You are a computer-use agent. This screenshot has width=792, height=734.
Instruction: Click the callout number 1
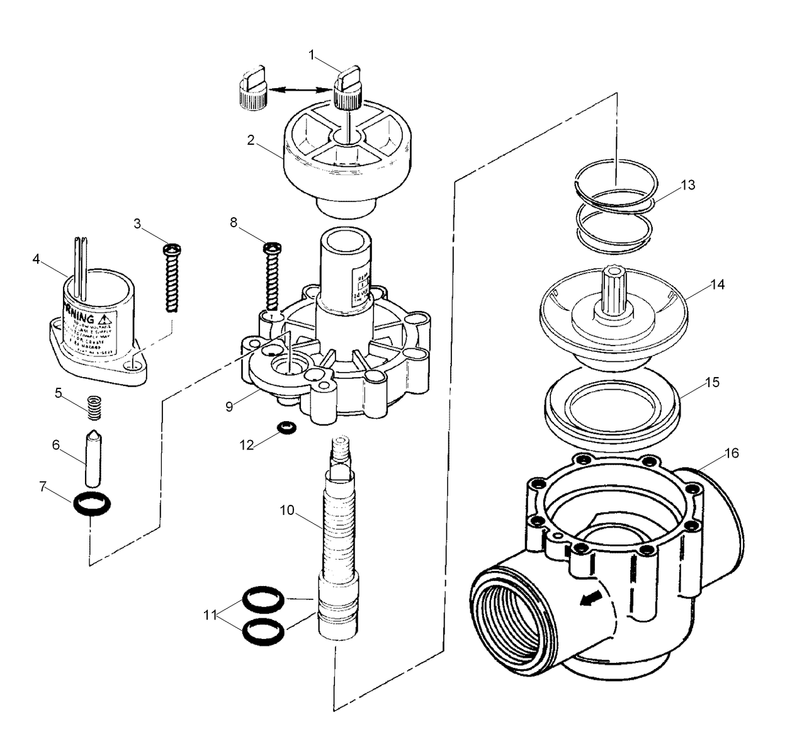(312, 55)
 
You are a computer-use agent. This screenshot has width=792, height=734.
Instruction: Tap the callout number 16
(732, 453)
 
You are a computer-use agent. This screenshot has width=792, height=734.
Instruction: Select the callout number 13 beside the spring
(688, 185)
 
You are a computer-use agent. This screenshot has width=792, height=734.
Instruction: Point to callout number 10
(287, 510)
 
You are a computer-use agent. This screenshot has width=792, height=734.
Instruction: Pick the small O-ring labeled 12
(286, 428)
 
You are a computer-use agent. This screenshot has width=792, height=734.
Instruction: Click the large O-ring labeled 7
(93, 505)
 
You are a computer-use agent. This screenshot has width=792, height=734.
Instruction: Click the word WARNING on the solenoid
(83, 319)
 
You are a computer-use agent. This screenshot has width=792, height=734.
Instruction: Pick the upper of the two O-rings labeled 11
(263, 598)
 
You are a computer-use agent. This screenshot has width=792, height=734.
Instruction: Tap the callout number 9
(229, 407)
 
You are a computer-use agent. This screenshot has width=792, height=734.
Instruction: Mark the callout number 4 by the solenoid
(36, 259)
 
